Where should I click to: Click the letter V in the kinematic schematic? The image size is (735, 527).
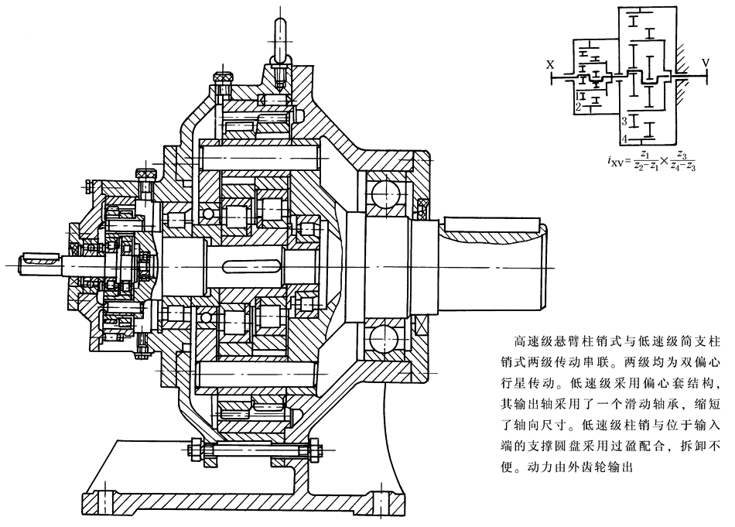[x=705, y=61]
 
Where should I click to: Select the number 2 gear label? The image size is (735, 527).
[x=578, y=105]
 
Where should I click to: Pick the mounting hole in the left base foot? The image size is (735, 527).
[x=107, y=499]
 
